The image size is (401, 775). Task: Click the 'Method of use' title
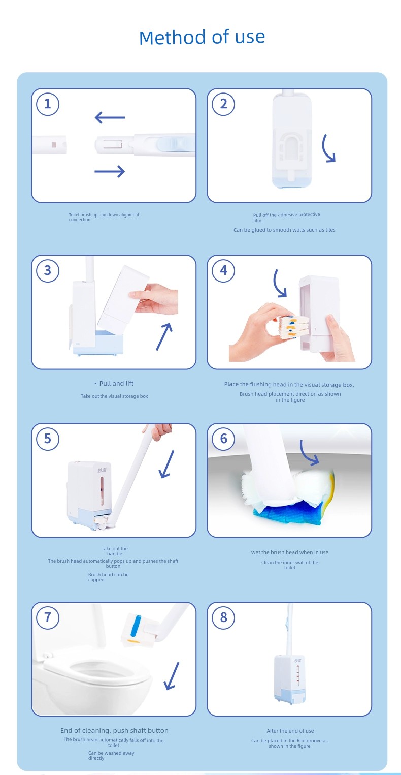coord(202,37)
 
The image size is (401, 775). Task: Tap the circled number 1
coord(48,104)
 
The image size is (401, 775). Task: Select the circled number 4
coord(223,270)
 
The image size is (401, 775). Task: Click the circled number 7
coord(48,617)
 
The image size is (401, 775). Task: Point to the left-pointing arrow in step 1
coord(110,117)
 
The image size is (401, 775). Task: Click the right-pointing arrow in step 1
coord(110,171)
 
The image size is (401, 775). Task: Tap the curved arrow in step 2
coord(326,148)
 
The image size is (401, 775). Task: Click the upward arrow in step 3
coord(163,337)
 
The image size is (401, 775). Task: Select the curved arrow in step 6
coord(307,453)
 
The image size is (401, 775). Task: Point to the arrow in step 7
coord(172,676)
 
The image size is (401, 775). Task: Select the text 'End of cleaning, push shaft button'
coord(114,730)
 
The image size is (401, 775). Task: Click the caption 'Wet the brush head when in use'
coord(290,552)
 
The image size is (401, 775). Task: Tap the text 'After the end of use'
coord(290,731)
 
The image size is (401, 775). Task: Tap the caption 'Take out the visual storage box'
coord(114,396)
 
